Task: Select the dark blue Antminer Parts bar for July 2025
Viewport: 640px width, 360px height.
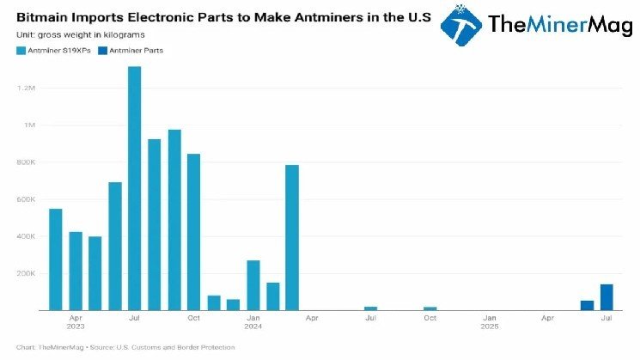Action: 606,296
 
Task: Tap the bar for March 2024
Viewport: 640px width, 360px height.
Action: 292,237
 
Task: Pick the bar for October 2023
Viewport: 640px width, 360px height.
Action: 193,231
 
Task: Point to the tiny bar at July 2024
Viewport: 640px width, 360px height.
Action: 370,308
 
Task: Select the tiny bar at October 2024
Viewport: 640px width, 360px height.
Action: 430,308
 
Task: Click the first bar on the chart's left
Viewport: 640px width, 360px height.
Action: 56,259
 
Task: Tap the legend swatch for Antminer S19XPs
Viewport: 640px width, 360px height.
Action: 21,51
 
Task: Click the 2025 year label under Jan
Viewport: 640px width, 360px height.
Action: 489,327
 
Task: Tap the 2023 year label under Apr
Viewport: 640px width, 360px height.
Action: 76,327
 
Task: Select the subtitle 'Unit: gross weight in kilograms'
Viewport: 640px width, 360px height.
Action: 81,34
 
